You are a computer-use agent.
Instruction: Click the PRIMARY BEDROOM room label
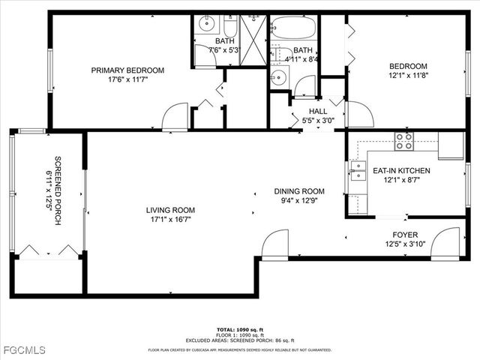[x=127, y=70]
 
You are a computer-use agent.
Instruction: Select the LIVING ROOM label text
[x=170, y=210]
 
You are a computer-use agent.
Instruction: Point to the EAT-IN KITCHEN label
[x=401, y=171]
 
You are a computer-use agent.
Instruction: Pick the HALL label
[x=318, y=111]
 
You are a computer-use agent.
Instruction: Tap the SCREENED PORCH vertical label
[x=58, y=191]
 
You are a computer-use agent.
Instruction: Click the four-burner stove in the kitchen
[x=404, y=141]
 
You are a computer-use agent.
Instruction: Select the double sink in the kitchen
[x=357, y=172]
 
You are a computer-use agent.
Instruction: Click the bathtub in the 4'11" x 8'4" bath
[x=293, y=28]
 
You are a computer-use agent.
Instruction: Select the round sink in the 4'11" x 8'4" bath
[x=279, y=76]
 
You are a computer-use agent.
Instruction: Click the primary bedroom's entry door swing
[x=175, y=117]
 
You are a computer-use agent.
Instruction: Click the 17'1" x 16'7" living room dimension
[x=170, y=220]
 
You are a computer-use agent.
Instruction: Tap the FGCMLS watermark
[x=24, y=350]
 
